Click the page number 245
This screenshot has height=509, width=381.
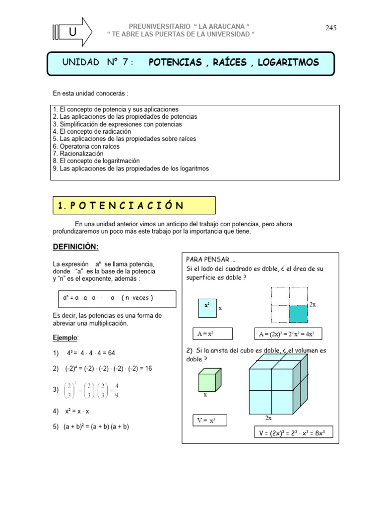coord(331,28)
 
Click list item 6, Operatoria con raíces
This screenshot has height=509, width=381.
coord(86,147)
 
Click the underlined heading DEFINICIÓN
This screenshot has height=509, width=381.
coord(76,247)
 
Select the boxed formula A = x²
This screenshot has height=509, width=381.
coord(205,333)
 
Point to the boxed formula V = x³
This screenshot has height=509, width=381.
coord(208,421)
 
